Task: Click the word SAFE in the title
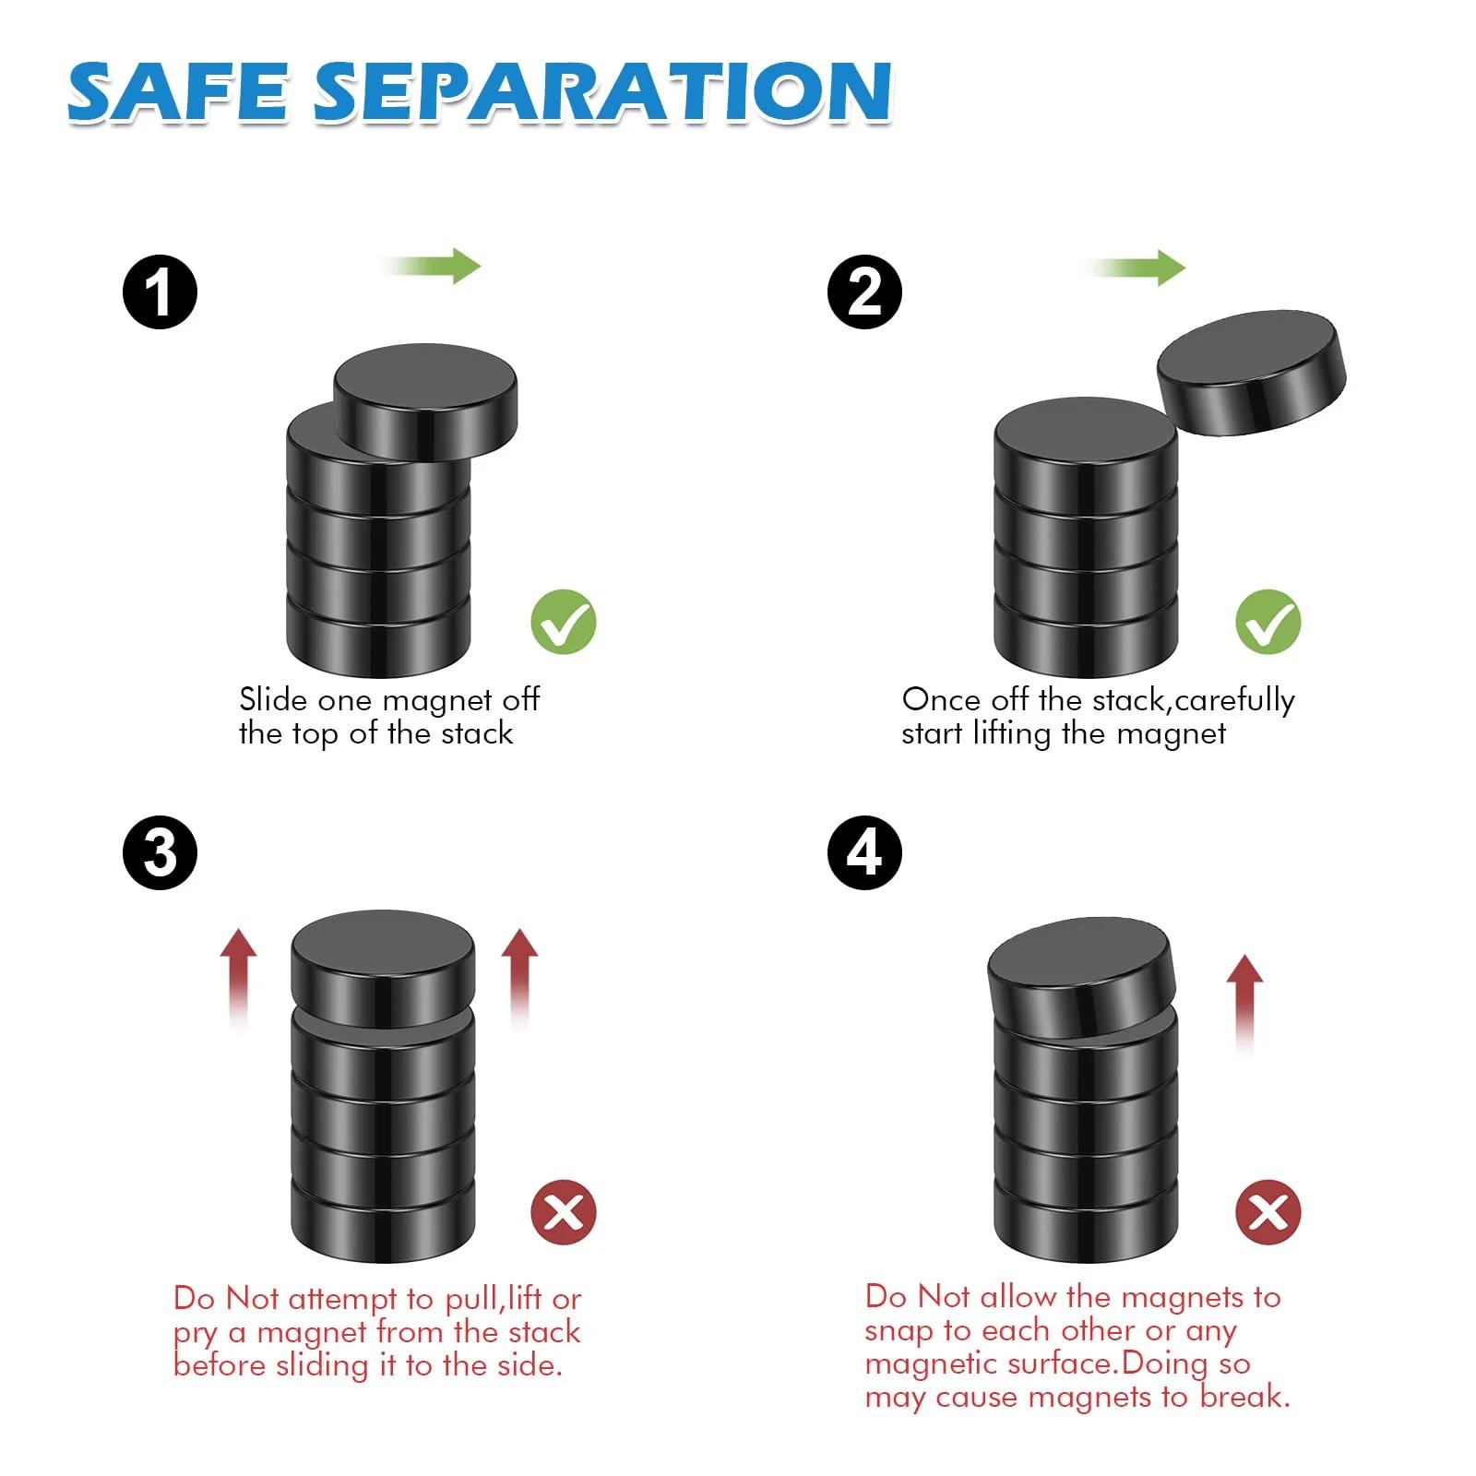178,92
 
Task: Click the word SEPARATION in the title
603,92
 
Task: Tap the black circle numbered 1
160,292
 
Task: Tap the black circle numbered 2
864,292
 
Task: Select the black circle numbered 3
160,852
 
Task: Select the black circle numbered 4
864,852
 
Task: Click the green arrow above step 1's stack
432,266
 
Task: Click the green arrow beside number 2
1136,268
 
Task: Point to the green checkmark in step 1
564,622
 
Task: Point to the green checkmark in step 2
1268,622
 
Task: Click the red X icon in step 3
564,1211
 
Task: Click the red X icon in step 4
1268,1211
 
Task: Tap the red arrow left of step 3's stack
239,978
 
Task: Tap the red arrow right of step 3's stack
519,978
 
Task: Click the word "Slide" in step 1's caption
273,699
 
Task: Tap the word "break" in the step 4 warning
1243,1397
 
